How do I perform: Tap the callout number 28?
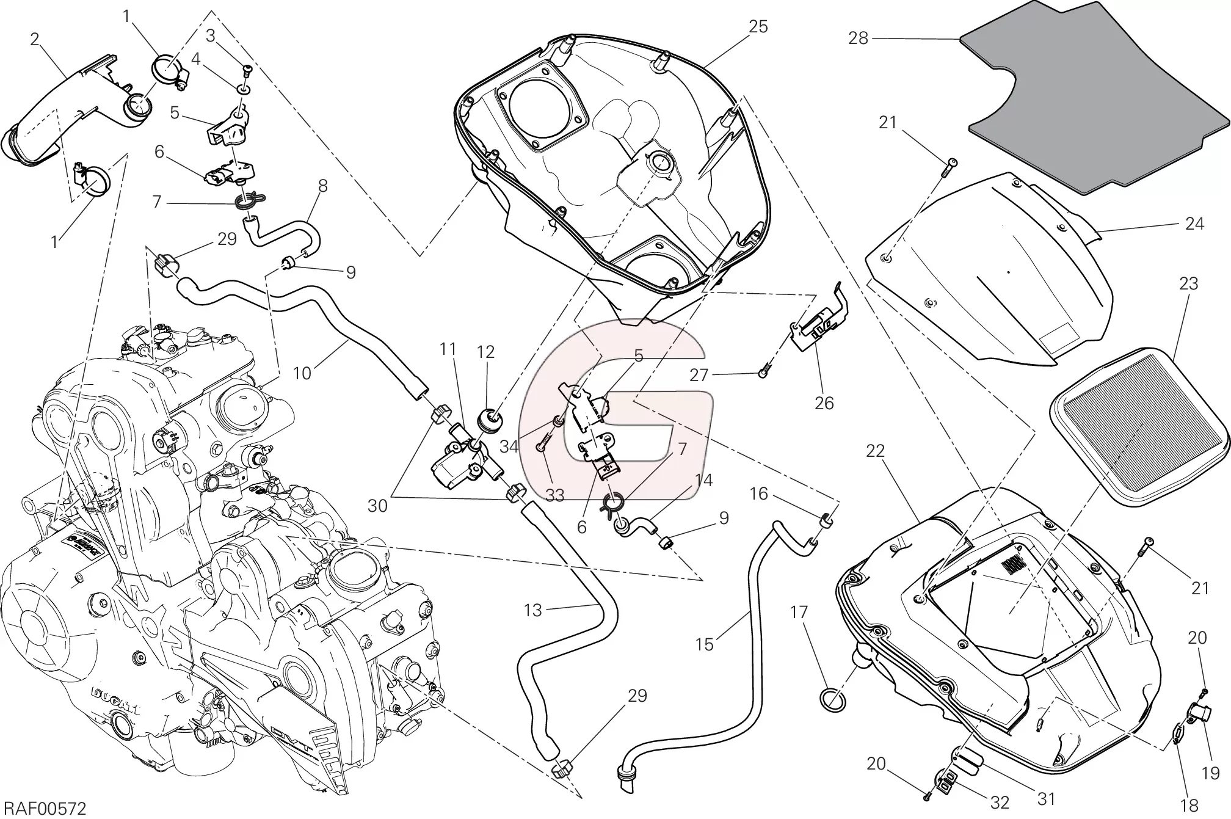point(858,38)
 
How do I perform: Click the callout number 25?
point(758,27)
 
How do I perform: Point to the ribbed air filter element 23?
point(1138,433)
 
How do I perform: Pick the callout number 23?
point(1188,283)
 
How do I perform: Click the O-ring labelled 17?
point(832,700)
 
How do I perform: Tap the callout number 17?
point(799,612)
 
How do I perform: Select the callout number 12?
point(486,352)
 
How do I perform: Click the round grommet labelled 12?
point(490,421)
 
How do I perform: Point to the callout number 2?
point(35,40)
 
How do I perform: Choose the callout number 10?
point(302,373)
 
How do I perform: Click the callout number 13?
point(533,610)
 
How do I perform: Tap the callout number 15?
point(704,644)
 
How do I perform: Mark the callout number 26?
point(824,403)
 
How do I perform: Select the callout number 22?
point(876,451)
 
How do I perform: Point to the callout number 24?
point(1194,224)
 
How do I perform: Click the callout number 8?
point(322,185)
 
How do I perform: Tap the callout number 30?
point(377,506)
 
